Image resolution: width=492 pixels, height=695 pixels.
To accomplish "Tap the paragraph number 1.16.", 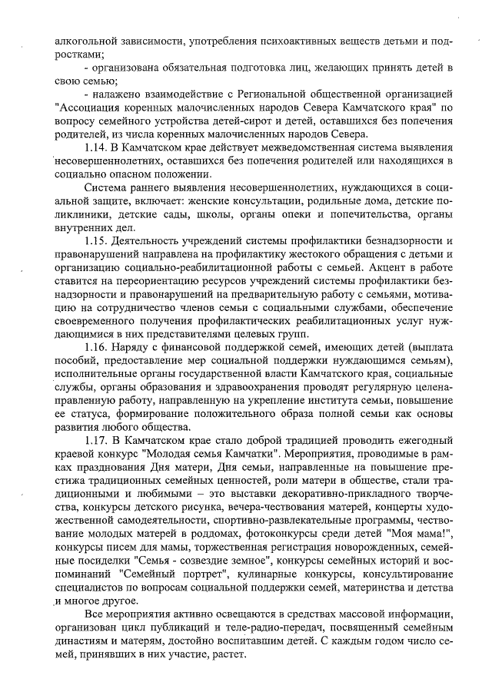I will click(98, 346).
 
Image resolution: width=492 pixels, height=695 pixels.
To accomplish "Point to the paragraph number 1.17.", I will click(98, 439).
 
